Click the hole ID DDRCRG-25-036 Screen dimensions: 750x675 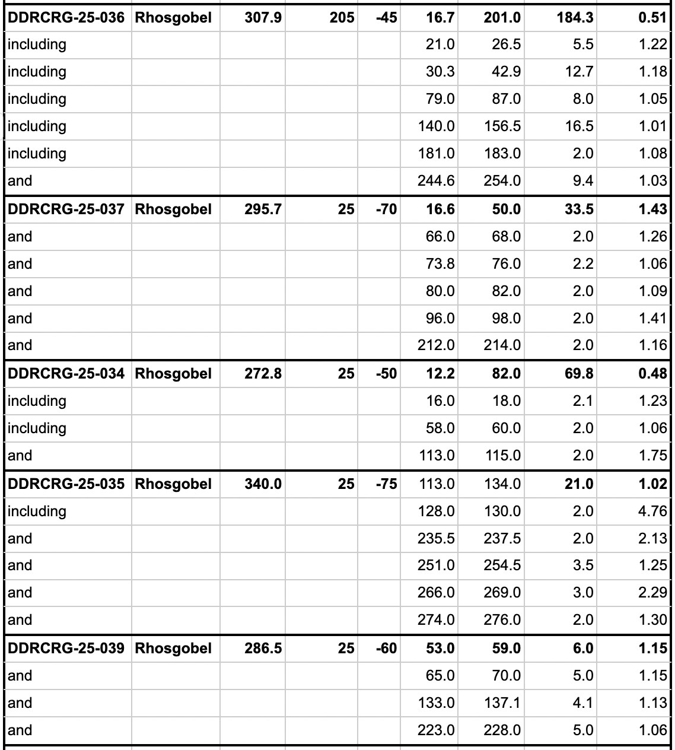point(66,18)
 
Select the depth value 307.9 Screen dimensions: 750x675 point(263,18)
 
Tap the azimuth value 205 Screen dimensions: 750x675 point(342,18)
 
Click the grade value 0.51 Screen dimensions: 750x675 point(652,18)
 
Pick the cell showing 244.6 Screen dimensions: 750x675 point(436,181)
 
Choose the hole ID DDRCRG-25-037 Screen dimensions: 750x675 point(66,209)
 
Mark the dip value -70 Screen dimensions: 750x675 point(386,209)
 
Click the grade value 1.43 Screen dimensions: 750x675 point(652,209)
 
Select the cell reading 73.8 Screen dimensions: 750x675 point(440,264)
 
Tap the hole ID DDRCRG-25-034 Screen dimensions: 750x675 point(66,374)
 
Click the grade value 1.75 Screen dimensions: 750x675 point(652,456)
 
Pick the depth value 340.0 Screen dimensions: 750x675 point(263,484)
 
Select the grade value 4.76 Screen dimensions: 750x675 point(652,511)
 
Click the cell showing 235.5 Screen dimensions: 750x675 point(436,539)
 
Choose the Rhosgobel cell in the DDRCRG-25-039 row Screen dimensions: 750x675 point(173,649)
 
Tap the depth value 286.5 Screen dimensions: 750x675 point(263,649)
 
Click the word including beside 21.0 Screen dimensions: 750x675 point(37,45)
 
